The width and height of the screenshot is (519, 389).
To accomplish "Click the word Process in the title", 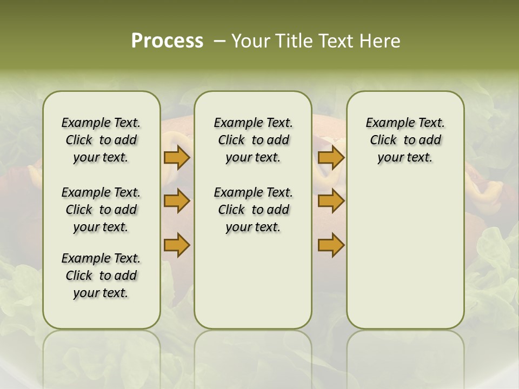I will click(x=167, y=41).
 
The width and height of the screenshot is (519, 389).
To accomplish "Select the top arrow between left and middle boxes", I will click(x=176, y=157).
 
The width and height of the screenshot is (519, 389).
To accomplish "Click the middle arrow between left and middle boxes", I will click(x=176, y=201).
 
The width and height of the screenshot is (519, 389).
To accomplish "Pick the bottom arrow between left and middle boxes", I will click(x=176, y=245).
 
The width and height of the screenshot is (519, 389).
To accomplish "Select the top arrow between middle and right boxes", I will click(x=331, y=157).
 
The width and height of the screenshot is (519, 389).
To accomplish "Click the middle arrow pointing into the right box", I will click(x=331, y=201).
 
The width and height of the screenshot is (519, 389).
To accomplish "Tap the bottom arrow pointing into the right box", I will click(x=331, y=245).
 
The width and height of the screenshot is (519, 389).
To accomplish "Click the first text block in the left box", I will click(x=101, y=140).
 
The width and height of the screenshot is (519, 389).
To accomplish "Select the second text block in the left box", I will click(x=101, y=210).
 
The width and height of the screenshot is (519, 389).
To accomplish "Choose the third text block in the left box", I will click(x=101, y=276).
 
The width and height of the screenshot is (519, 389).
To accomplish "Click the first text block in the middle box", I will click(x=253, y=140).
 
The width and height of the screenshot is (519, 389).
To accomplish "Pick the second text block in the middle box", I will click(x=253, y=210).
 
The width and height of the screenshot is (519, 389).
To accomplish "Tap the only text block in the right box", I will click(x=405, y=140).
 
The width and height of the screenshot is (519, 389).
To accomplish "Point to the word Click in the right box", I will click(x=383, y=140).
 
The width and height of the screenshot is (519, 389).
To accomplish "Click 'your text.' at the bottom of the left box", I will click(x=101, y=293).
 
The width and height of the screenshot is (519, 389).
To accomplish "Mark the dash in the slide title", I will click(x=219, y=41).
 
